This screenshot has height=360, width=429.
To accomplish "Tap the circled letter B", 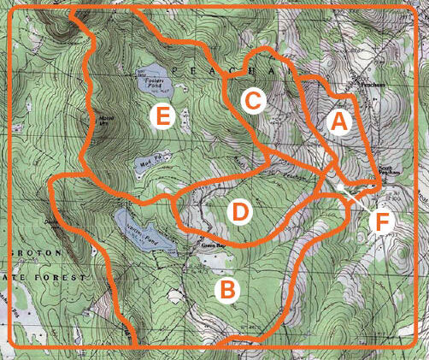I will click(226, 290).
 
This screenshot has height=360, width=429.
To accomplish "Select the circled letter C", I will click(251, 101).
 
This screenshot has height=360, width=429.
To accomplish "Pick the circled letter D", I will click(241, 209).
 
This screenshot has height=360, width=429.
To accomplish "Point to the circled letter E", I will click(161, 117).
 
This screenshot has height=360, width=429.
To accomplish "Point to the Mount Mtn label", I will click(107, 120).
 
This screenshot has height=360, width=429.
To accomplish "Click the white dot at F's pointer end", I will click(339, 186).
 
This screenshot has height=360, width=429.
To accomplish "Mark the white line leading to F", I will click(357, 201).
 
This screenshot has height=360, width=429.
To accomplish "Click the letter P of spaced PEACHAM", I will click(174, 68).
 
